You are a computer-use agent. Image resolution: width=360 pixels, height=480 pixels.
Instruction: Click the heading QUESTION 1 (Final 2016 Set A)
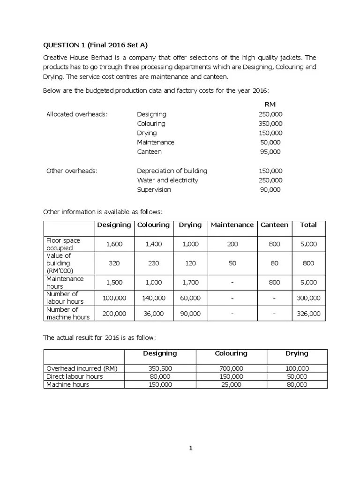[x=98, y=45]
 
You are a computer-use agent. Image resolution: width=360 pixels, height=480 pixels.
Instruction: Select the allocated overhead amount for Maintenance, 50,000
[x=270, y=142]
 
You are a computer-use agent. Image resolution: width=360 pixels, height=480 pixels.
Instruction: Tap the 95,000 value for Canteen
[x=270, y=151]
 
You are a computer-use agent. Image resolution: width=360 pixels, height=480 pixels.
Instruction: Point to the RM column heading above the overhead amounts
[x=270, y=104]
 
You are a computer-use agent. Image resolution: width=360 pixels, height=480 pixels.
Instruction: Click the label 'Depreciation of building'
[x=172, y=171]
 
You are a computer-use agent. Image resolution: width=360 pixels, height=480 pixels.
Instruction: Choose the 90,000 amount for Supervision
[x=270, y=189]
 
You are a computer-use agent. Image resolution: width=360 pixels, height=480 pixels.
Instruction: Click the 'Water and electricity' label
[x=167, y=180]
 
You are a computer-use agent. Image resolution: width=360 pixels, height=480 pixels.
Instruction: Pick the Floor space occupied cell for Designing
[x=114, y=244]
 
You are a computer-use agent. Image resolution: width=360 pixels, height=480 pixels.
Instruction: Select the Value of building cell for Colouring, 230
[x=153, y=263]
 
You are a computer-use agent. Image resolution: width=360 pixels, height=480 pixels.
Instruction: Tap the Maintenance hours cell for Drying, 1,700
[x=190, y=282]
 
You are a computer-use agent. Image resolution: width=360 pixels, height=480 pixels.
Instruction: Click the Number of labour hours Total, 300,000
[x=308, y=298]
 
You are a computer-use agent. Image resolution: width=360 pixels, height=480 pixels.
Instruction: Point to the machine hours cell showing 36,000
[x=153, y=313]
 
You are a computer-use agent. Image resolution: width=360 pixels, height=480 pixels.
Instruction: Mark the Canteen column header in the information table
[x=274, y=225]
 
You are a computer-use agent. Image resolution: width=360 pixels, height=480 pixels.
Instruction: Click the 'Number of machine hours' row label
[x=68, y=313]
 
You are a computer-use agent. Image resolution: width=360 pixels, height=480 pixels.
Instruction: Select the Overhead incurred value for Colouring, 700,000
[x=231, y=368]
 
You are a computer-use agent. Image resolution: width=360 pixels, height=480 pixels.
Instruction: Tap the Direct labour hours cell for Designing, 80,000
[x=160, y=376]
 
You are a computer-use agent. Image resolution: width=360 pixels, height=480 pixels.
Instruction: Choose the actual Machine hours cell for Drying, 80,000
[x=297, y=384]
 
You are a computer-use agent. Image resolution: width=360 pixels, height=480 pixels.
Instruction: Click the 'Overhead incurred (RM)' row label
[x=82, y=368]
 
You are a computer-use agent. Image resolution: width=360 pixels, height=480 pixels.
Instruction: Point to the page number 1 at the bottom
[x=191, y=448]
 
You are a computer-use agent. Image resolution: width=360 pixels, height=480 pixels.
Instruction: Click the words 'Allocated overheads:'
[x=77, y=114]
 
